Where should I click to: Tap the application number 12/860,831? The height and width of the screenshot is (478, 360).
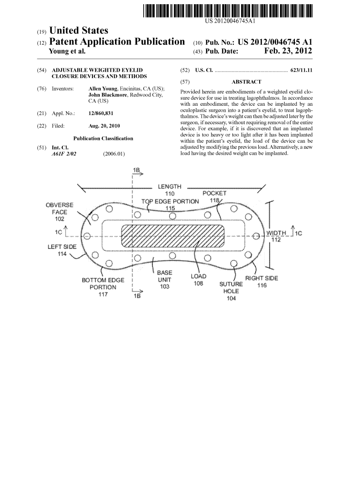coord(101,113)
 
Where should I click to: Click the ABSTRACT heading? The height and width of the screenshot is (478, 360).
coord(246,82)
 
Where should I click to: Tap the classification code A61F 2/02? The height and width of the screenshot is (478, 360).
coord(64,154)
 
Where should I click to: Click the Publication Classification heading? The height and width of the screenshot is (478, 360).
coord(103,138)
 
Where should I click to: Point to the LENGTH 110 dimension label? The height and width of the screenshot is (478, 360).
coord(169,190)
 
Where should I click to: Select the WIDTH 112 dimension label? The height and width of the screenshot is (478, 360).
coord(276,236)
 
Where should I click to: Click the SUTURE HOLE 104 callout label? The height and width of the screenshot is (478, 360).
coord(231,291)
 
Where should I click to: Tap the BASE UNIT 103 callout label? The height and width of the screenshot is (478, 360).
coord(165,280)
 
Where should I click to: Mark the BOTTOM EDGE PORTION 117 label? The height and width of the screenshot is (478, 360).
coord(103,287)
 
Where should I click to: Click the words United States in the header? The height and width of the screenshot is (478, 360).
coord(79,30)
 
